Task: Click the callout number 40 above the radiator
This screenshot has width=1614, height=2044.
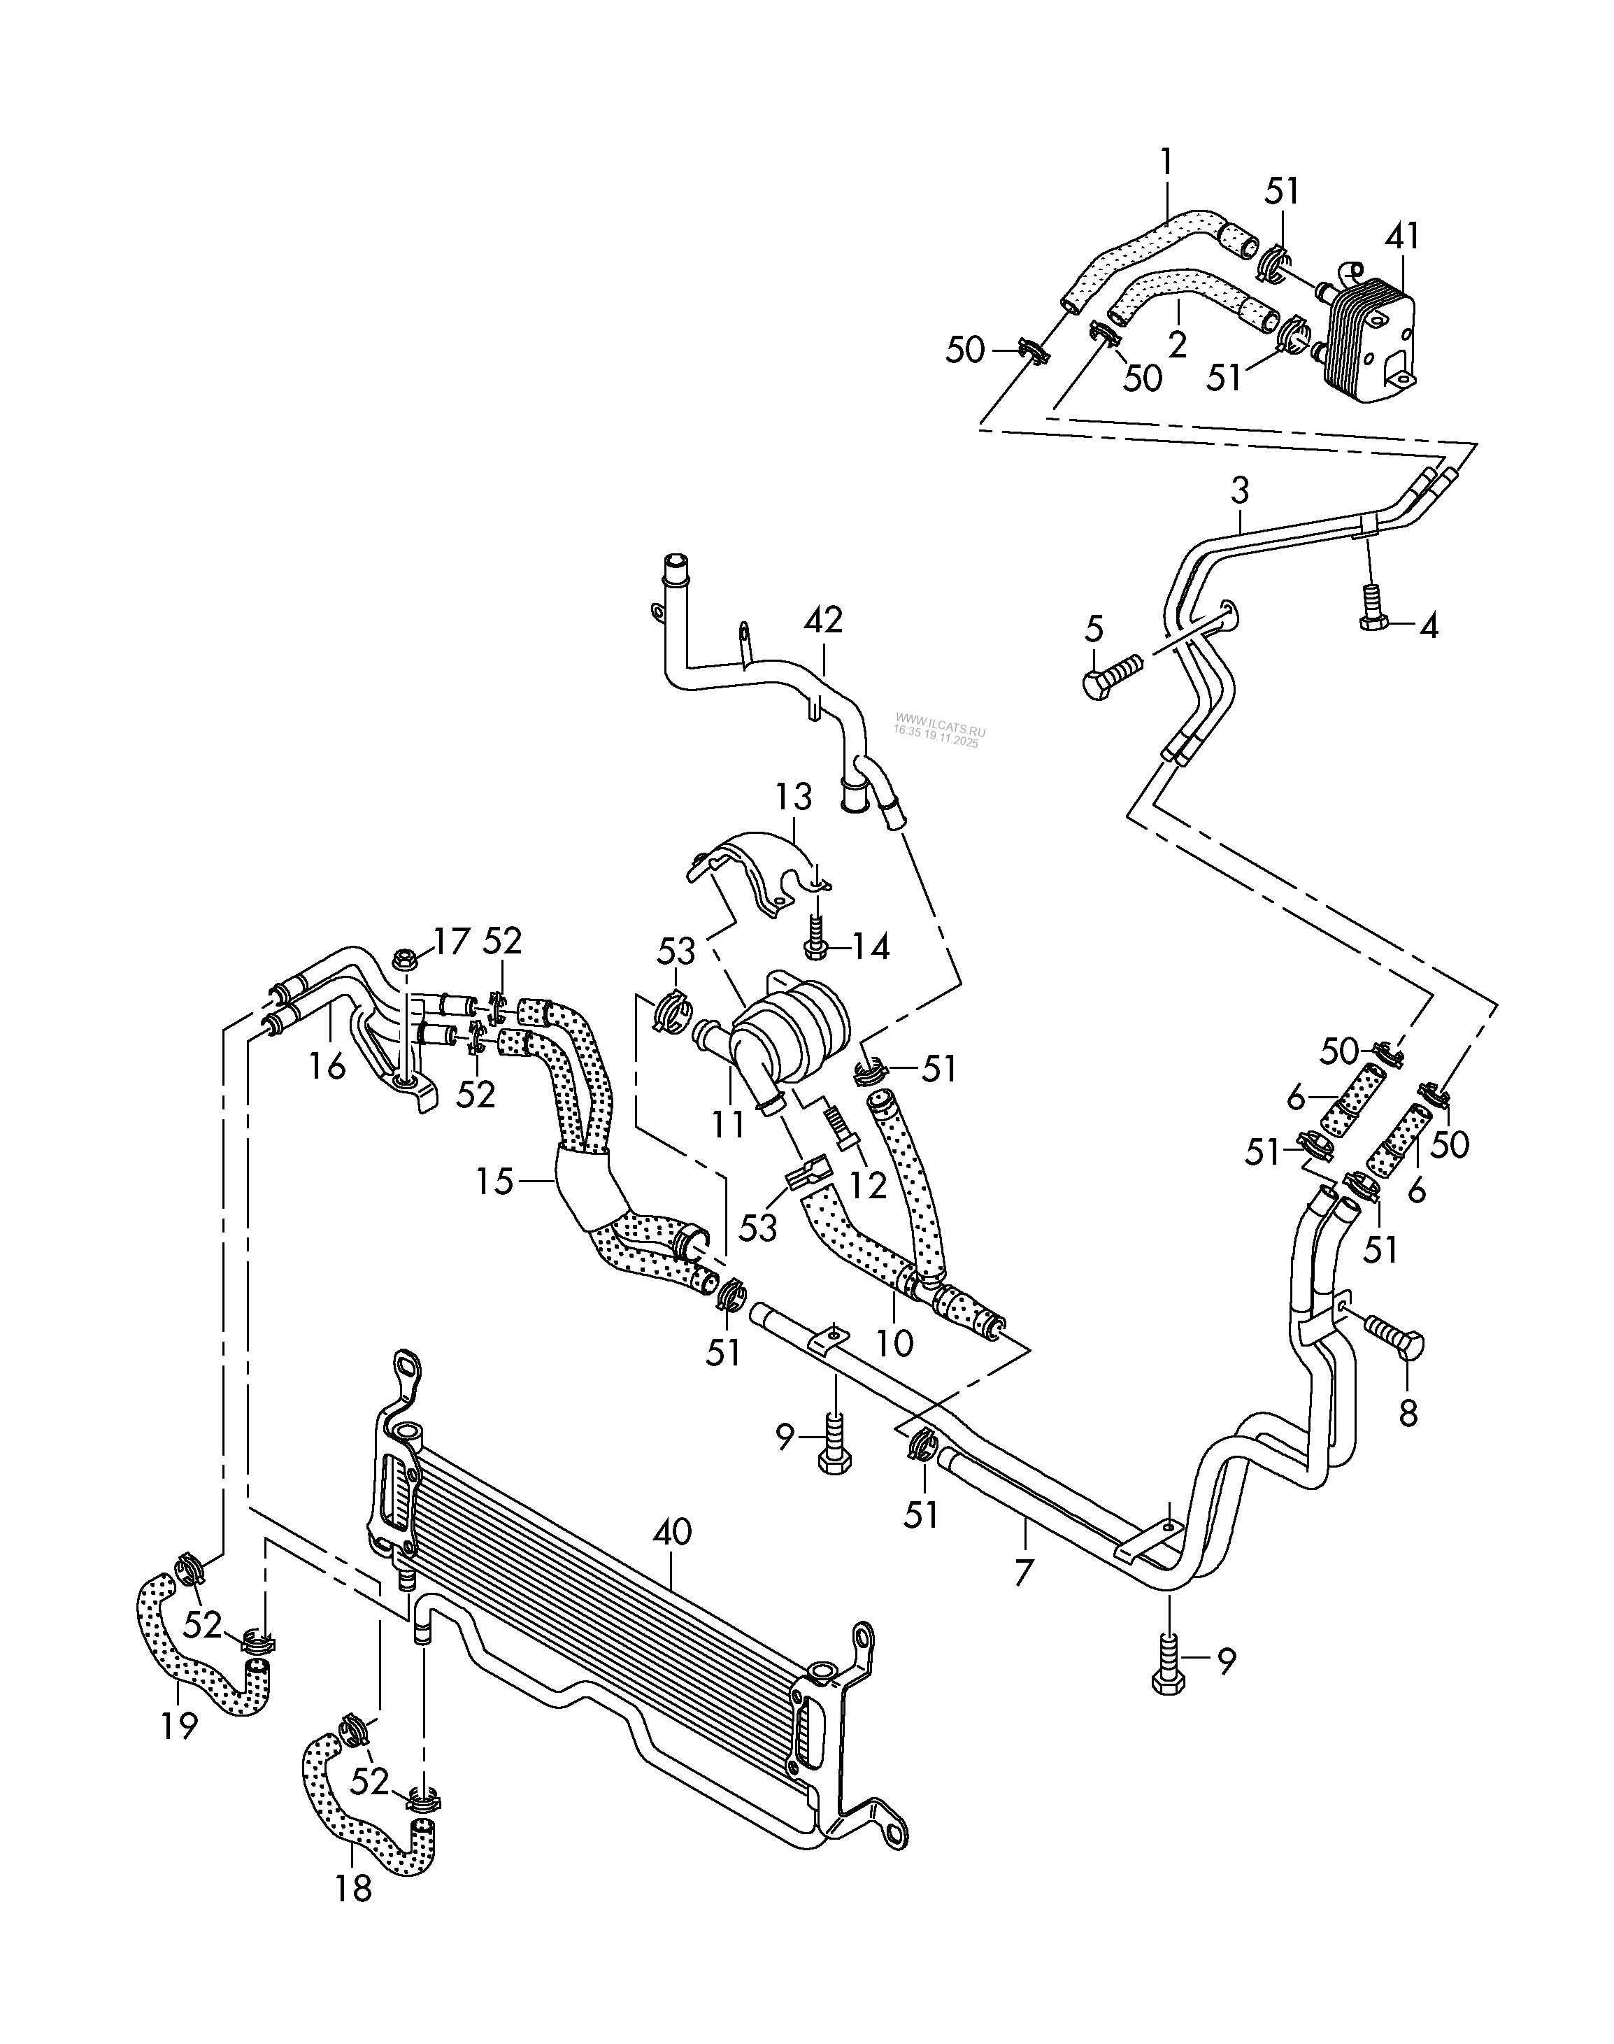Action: click(673, 1532)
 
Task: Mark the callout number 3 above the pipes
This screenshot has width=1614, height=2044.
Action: click(1240, 490)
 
